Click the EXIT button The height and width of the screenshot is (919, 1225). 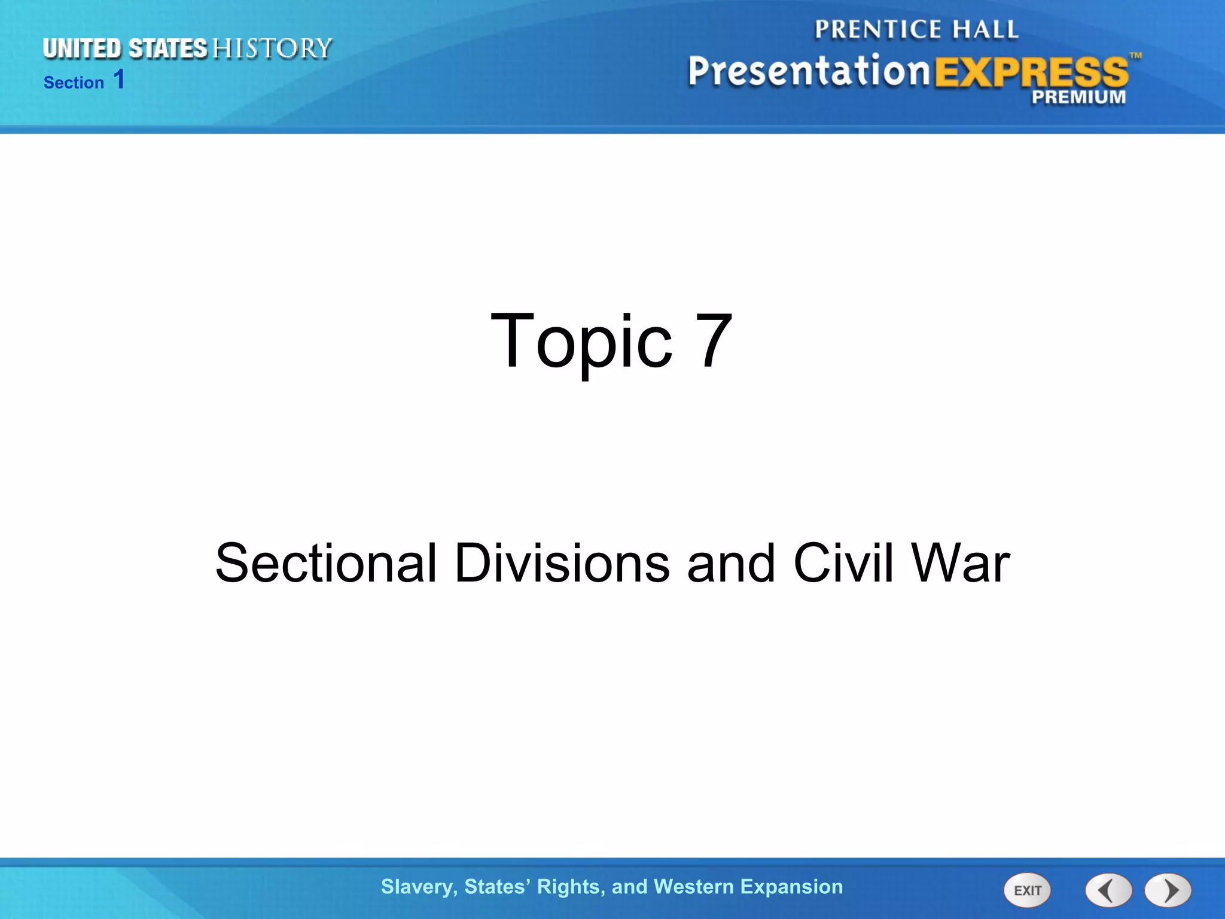tap(1027, 890)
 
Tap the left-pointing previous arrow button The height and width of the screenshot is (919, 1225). tap(1108, 890)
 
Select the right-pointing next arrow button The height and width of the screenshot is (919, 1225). tap(1168, 890)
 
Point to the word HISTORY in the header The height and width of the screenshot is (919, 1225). tap(272, 49)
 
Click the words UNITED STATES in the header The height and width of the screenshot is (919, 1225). tap(125, 49)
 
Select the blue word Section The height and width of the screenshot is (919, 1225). tap(74, 83)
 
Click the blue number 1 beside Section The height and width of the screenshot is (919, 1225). tap(119, 80)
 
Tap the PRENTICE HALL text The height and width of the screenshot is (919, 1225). tap(916, 29)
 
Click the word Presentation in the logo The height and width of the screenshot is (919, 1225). tap(809, 72)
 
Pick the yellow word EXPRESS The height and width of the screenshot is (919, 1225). tap(1031, 73)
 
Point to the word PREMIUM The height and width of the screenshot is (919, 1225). tap(1078, 97)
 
